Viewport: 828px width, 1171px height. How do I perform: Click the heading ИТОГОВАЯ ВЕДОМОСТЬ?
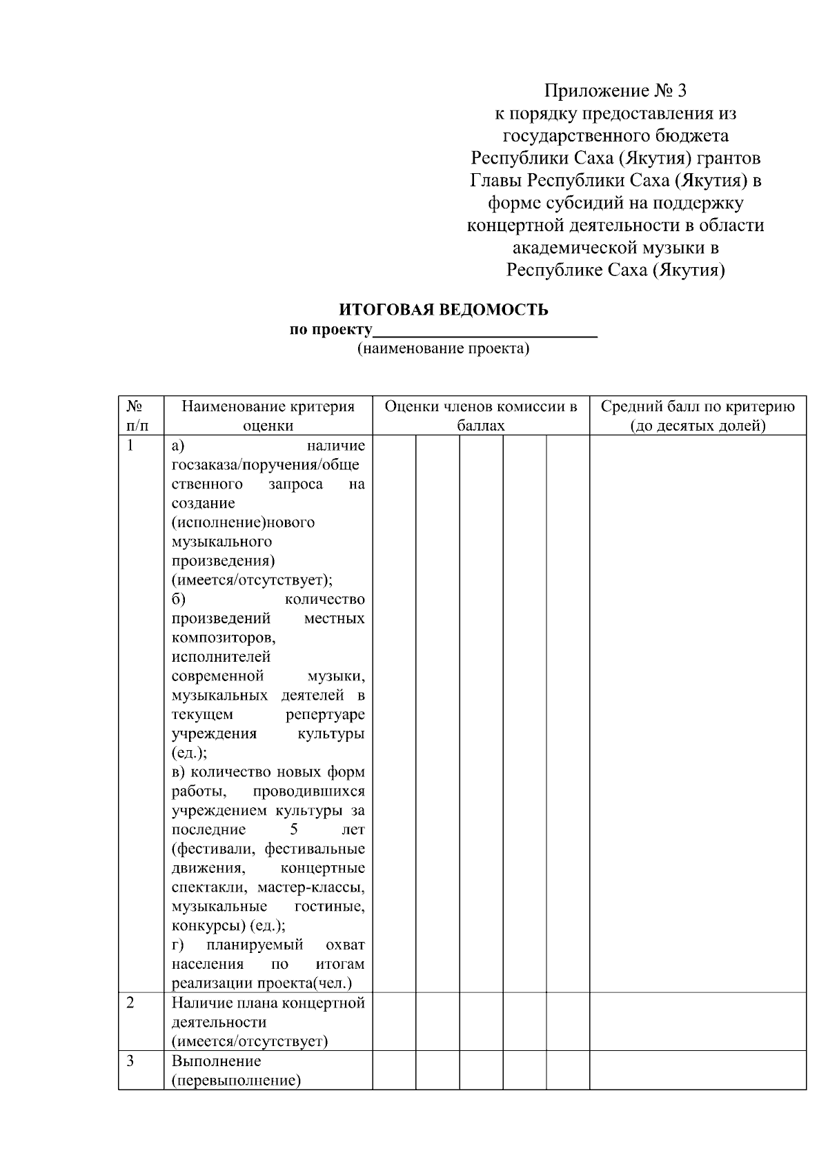click(x=444, y=310)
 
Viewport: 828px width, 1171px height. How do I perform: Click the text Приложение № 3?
click(x=616, y=91)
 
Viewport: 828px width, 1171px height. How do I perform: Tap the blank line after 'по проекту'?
click(x=484, y=330)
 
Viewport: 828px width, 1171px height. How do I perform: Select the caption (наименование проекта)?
click(x=443, y=348)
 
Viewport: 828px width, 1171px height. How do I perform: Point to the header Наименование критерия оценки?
click(x=268, y=416)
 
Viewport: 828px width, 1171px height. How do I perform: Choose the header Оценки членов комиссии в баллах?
click(x=481, y=416)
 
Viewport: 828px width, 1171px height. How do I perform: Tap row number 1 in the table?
click(x=131, y=446)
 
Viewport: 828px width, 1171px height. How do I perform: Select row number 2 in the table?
click(x=131, y=1003)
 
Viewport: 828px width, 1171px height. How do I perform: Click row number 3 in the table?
click(x=131, y=1061)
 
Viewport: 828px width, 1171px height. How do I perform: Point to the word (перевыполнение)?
click(x=236, y=1080)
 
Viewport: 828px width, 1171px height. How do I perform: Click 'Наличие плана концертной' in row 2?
click(x=268, y=1003)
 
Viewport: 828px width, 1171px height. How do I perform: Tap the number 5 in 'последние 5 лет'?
click(x=294, y=829)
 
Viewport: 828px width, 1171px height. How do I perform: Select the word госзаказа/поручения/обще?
click(x=265, y=465)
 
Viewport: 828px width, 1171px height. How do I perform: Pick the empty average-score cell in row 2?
click(x=698, y=1021)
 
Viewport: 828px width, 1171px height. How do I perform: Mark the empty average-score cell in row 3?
click(x=698, y=1070)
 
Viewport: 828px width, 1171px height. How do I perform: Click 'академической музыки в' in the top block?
click(x=616, y=248)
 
